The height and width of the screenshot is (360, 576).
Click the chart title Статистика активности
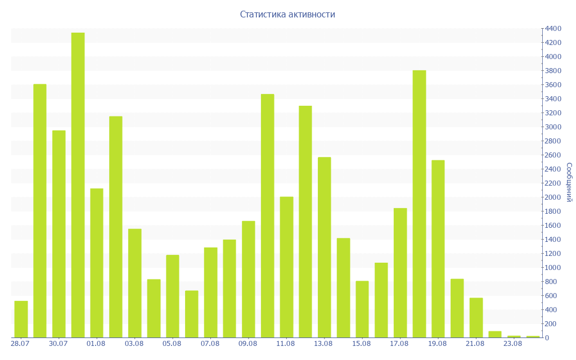click(x=287, y=14)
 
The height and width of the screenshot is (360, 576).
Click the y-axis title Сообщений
click(x=569, y=182)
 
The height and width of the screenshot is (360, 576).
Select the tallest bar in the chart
click(x=78, y=185)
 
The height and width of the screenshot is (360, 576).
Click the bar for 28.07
click(x=21, y=319)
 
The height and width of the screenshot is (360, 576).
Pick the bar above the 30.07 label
click(x=58, y=234)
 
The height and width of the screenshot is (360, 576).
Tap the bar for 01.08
click(x=97, y=263)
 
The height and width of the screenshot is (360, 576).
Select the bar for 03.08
click(x=135, y=283)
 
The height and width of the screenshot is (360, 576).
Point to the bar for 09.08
click(x=248, y=279)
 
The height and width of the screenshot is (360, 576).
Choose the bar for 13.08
click(x=325, y=247)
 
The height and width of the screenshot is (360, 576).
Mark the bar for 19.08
click(x=438, y=249)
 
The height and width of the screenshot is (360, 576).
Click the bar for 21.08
click(x=476, y=318)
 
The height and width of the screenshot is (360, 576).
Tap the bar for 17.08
click(x=400, y=273)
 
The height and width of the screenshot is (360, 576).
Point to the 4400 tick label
click(x=553, y=29)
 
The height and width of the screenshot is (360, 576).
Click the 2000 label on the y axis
click(x=553, y=197)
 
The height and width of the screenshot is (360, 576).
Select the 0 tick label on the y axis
click(x=547, y=338)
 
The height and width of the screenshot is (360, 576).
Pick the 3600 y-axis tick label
click(x=553, y=85)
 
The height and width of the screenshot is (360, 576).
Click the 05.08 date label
click(x=172, y=344)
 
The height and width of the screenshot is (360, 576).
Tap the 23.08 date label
click(x=513, y=344)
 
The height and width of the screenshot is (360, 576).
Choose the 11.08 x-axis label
click(x=285, y=344)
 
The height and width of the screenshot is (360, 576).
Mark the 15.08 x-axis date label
click(x=362, y=344)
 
